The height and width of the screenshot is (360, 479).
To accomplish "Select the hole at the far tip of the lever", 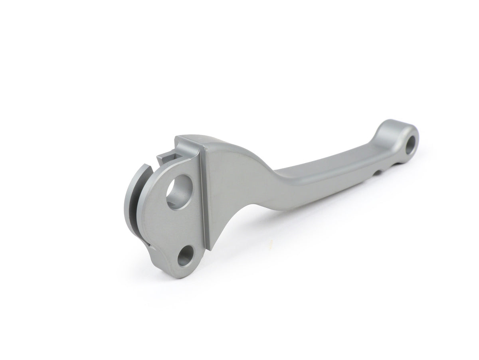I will pyautogui.click(x=411, y=146).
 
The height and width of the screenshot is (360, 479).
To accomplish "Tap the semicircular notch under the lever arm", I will pyautogui.click(x=376, y=173).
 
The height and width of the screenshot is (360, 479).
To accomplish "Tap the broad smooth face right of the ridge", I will pyautogui.click(x=232, y=184).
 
